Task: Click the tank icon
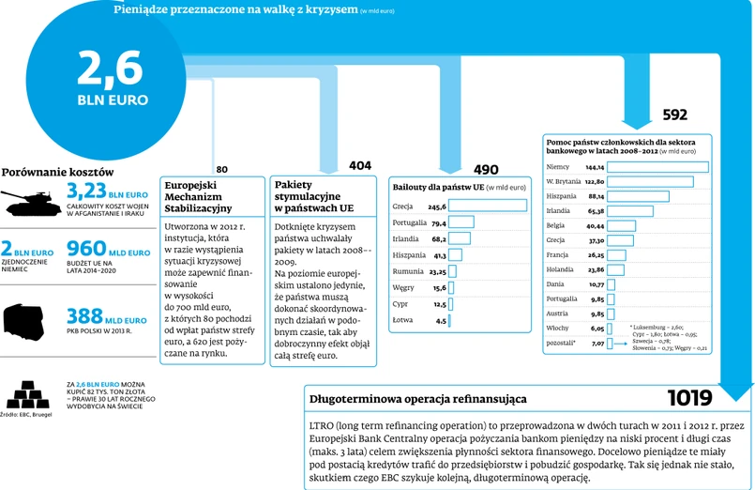pyautogui.click(x=32, y=199)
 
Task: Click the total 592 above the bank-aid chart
pyautogui.click(x=674, y=115)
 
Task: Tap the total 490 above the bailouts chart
pyautogui.click(x=486, y=170)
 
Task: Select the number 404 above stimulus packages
pyautogui.click(x=359, y=165)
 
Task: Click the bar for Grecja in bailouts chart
pyautogui.click(x=488, y=206)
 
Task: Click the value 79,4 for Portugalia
pyautogui.click(x=438, y=222)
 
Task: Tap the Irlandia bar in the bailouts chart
pyautogui.click(x=459, y=238)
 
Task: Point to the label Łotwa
pyautogui.click(x=403, y=320)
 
